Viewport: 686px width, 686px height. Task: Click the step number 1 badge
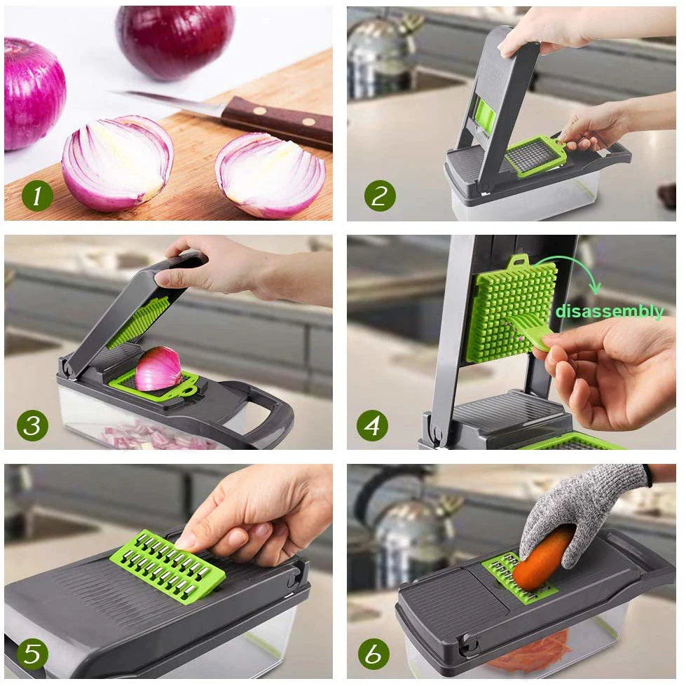click(37, 197)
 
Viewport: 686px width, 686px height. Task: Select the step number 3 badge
click(32, 425)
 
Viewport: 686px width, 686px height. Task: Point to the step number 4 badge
click(372, 425)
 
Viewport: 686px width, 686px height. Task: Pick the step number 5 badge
click(32, 653)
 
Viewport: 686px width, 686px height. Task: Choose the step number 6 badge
click(373, 653)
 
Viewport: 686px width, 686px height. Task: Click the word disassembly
click(609, 312)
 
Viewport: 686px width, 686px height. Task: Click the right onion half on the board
click(270, 175)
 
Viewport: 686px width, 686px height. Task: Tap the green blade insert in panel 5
click(168, 564)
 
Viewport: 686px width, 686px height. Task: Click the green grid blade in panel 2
click(535, 154)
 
